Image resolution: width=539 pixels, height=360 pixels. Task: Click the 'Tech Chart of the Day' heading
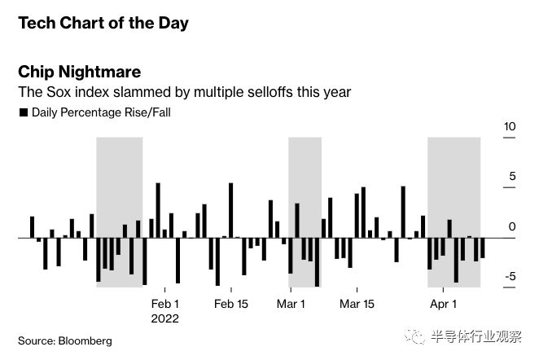coord(103,23)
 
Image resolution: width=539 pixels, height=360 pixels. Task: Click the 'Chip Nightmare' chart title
coord(80,72)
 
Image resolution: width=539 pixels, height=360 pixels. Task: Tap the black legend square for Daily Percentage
coord(23,112)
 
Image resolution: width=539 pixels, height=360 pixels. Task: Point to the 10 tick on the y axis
coord(510,127)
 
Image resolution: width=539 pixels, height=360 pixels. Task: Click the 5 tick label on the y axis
coord(512,177)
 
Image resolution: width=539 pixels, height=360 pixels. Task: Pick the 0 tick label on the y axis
coord(512,227)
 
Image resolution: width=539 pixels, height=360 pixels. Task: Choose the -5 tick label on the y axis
coord(511,277)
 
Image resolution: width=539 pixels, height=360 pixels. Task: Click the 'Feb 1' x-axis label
coord(165,304)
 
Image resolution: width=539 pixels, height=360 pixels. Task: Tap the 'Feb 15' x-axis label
coord(231,304)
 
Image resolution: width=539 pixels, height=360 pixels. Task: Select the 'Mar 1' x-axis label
coord(291,304)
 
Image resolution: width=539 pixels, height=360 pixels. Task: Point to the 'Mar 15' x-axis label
coord(357,304)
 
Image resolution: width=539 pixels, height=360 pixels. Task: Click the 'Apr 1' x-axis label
coord(443,304)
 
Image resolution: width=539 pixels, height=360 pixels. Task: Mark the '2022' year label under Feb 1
coord(165,318)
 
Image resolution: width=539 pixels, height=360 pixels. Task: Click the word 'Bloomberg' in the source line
coord(84,340)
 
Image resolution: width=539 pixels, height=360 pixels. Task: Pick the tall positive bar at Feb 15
coord(231,210)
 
